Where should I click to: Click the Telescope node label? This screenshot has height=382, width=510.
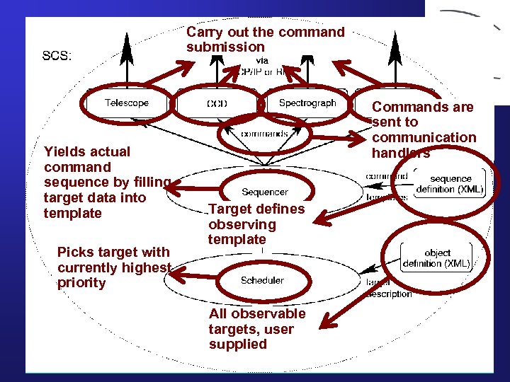coord(127,103)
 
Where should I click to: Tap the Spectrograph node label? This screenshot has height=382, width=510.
coord(307,103)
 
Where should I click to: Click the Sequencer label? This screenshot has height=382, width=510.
coord(264,192)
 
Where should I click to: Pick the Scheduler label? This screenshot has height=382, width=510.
coord(262,280)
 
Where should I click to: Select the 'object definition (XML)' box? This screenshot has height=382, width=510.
coord(436,258)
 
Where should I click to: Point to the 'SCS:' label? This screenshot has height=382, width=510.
coord(57,56)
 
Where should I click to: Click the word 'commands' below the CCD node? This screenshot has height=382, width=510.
coord(264,133)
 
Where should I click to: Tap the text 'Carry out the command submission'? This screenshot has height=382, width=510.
coord(265,40)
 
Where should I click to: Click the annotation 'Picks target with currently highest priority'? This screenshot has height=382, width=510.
coord(114,267)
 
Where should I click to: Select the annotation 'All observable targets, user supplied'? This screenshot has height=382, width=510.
coord(257,329)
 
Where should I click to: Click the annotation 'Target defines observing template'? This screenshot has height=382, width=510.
coord(256,224)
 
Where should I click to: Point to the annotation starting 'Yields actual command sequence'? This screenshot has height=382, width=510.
coord(106,183)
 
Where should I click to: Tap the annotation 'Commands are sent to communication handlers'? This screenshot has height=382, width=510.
coord(424,129)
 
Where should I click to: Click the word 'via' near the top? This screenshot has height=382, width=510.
coord(262,61)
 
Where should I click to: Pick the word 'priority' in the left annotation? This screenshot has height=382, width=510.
coord(81,283)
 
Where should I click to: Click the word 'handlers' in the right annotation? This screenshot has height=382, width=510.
coord(401,153)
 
